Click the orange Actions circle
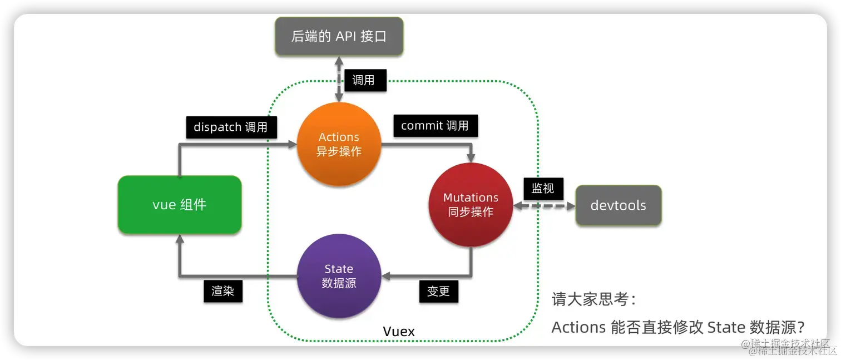point(339,144)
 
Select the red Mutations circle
point(471,205)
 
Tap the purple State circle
point(339,276)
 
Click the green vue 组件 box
point(179,205)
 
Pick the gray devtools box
point(618,205)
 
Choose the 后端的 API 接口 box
point(339,37)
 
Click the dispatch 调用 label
point(230,127)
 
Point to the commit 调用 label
point(435,126)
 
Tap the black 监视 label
point(543,189)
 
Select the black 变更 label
point(438,291)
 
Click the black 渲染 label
point(222,291)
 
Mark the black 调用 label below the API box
point(363,80)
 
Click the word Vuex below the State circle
point(399,332)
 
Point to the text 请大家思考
point(593,299)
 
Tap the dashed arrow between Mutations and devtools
point(543,206)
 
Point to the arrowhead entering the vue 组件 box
point(179,239)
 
